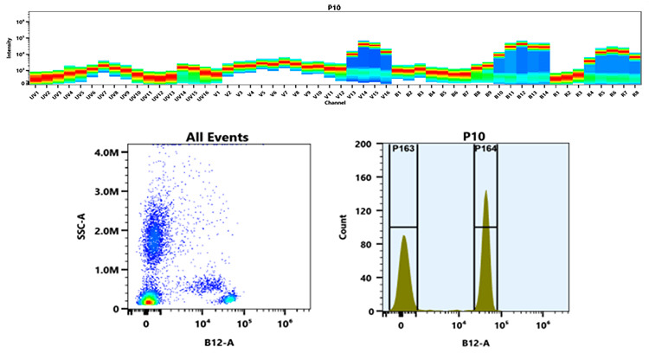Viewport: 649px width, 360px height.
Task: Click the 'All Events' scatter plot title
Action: click(218, 137)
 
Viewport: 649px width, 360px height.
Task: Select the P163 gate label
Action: click(402, 149)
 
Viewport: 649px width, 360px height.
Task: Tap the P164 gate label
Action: click(485, 149)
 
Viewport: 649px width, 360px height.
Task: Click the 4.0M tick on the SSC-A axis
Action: click(118, 152)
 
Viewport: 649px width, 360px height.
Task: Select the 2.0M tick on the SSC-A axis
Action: click(118, 230)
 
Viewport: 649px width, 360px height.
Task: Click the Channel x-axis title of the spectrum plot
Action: click(331, 102)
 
